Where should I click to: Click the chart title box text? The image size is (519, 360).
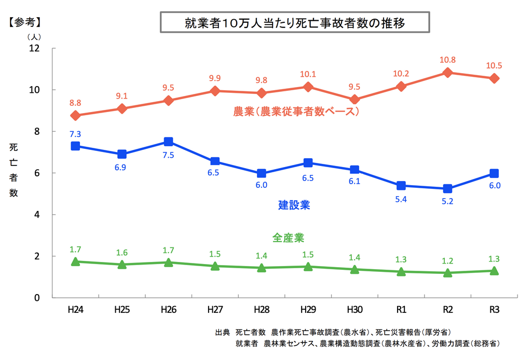[294, 23]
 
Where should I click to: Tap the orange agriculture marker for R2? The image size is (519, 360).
[447, 73]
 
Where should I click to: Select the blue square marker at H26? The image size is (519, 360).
[168, 142]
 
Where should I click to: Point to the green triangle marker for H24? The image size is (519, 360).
[75, 262]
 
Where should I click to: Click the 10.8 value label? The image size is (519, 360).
[447, 60]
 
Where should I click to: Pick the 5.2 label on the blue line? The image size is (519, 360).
[447, 201]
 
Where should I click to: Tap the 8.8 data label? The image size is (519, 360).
[75, 103]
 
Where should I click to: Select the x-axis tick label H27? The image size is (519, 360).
[215, 310]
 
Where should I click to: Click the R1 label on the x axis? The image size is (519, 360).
[401, 310]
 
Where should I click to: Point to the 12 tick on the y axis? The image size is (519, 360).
[35, 48]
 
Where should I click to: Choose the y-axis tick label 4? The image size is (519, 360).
[37, 215]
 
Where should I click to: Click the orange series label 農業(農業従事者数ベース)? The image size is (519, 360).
[296, 111]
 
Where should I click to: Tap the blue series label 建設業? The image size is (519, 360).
[294, 205]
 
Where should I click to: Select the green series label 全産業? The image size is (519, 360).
[288, 238]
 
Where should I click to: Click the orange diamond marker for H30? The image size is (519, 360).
[354, 100]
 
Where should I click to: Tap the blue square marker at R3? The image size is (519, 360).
[494, 173]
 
